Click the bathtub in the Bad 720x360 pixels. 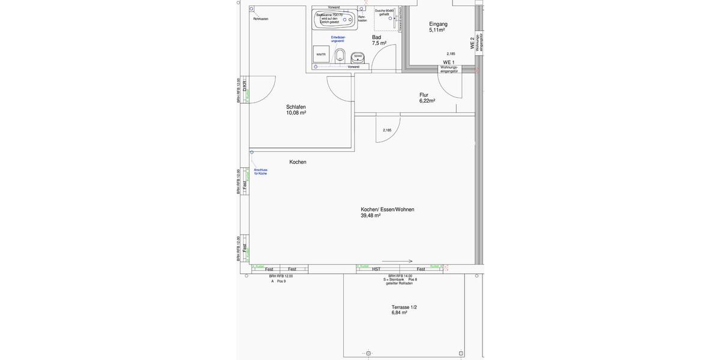(334, 20)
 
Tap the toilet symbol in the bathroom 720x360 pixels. (340, 56)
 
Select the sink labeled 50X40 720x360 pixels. (358, 57)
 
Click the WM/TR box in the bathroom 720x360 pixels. (321, 54)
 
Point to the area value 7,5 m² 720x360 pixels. (379, 43)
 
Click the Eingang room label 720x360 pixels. (438, 24)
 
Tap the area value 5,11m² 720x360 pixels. (437, 30)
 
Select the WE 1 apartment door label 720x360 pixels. (449, 62)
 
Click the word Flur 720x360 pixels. (424, 95)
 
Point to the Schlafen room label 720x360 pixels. (296, 107)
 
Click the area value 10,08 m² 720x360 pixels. (296, 113)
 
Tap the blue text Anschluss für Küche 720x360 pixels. (260, 172)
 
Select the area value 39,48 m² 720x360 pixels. (370, 215)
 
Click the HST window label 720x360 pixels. (376, 269)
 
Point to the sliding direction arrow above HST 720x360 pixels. (397, 261)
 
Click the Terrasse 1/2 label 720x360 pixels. (404, 307)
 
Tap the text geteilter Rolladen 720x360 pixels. (399, 283)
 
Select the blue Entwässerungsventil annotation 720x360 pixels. (338, 39)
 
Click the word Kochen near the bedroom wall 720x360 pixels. (298, 162)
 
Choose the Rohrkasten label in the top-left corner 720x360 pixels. (260, 19)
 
